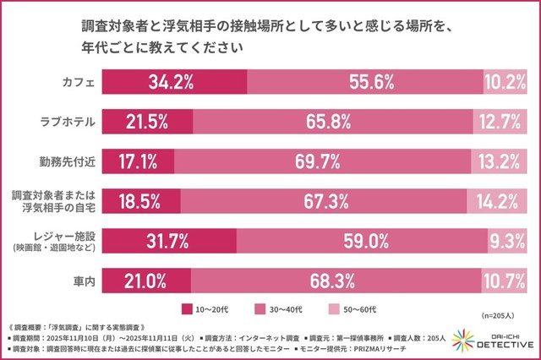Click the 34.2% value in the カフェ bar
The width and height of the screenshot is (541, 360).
(x=172, y=83)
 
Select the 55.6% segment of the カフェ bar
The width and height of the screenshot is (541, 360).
(x=364, y=83)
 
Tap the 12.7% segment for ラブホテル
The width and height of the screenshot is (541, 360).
(x=505, y=120)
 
